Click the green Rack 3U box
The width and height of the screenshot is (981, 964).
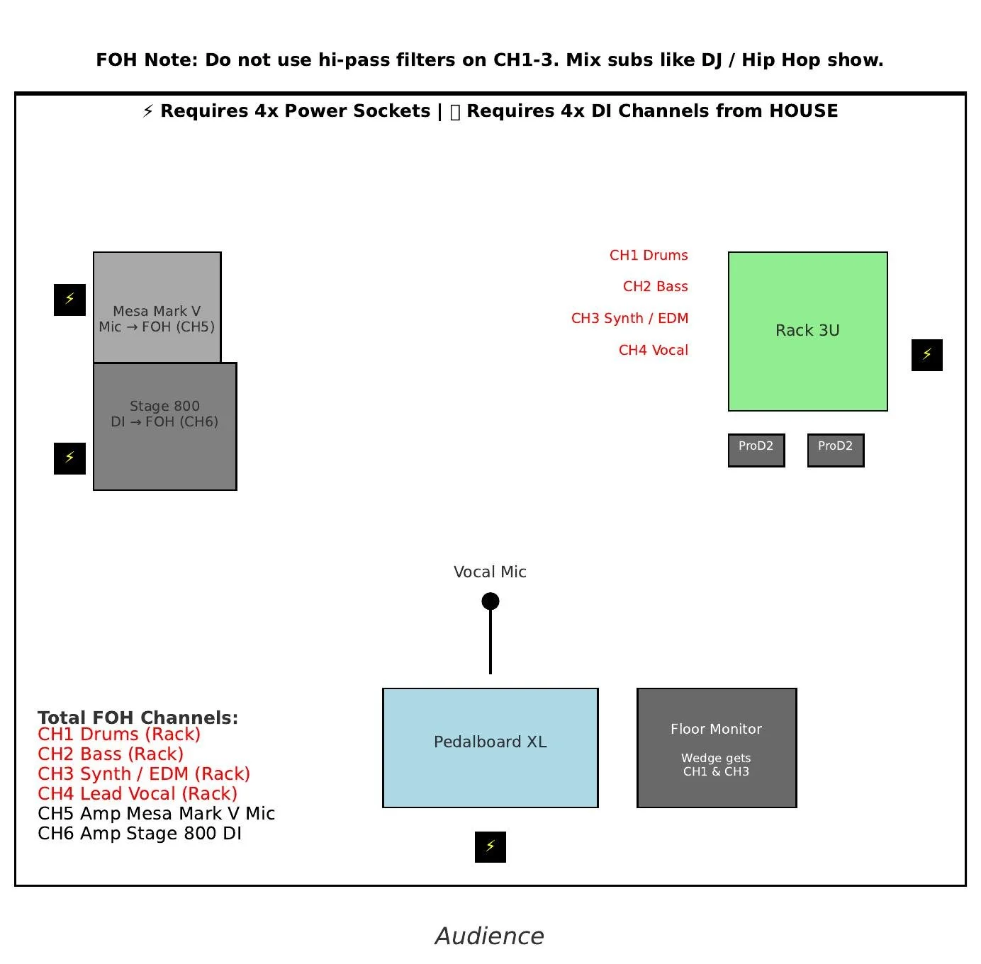point(807,331)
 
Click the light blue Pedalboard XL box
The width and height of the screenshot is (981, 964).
point(490,747)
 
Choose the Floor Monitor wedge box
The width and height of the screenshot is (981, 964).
point(716,747)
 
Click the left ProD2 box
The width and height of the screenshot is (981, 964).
point(756,450)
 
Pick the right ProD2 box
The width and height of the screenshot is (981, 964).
point(835,450)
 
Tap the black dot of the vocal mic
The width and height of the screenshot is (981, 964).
point(490,601)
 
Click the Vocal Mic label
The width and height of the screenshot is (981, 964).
point(490,572)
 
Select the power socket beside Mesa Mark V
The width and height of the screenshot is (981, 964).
point(69,300)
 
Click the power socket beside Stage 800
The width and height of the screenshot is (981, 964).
point(69,458)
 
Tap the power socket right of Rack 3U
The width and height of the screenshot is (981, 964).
point(926,355)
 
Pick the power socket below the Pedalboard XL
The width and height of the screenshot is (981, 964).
point(490,846)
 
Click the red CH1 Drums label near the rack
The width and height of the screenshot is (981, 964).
point(649,255)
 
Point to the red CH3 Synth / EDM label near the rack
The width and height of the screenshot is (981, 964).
point(629,318)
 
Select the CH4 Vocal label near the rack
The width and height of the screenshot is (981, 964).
point(653,350)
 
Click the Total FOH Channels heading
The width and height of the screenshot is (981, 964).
point(138,718)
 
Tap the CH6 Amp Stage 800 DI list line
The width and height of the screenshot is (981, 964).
point(140,833)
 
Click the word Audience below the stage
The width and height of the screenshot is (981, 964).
point(490,936)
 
